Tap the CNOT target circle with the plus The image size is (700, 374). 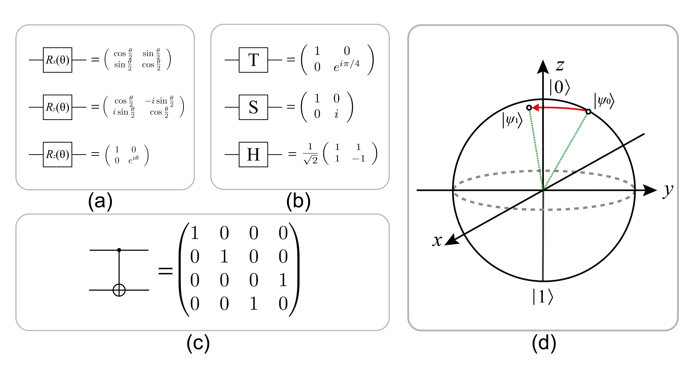[119, 290]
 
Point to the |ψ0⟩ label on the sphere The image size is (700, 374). [604, 101]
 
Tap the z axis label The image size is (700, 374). [560, 65]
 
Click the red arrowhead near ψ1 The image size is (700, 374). [535, 108]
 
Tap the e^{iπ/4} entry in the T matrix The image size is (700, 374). [346, 65]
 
